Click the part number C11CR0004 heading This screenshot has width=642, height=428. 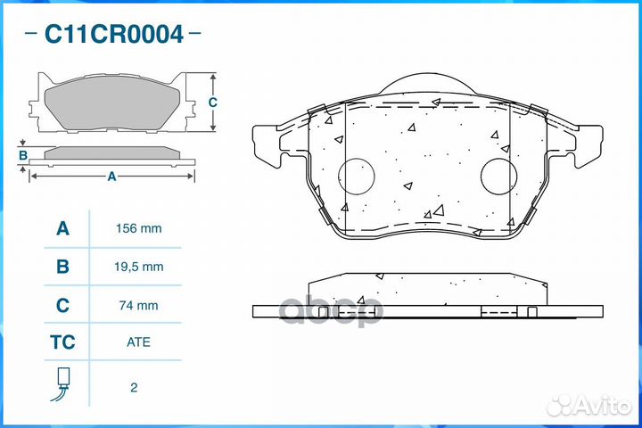[113, 35]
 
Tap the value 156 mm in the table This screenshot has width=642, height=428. [139, 228]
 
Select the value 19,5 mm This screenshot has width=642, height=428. [139, 266]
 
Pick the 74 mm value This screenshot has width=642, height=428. [139, 305]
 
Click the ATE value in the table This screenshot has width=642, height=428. [139, 342]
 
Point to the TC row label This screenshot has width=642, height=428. [62, 342]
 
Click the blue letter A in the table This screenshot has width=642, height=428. [62, 228]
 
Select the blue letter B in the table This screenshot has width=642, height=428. [62, 266]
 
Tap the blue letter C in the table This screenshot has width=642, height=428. [62, 305]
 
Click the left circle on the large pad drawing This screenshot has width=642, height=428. [361, 176]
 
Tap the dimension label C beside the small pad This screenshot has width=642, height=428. [212, 102]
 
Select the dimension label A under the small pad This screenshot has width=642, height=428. [111, 177]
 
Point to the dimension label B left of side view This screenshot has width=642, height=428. [23, 156]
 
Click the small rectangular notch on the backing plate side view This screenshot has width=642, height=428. [531, 311]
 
